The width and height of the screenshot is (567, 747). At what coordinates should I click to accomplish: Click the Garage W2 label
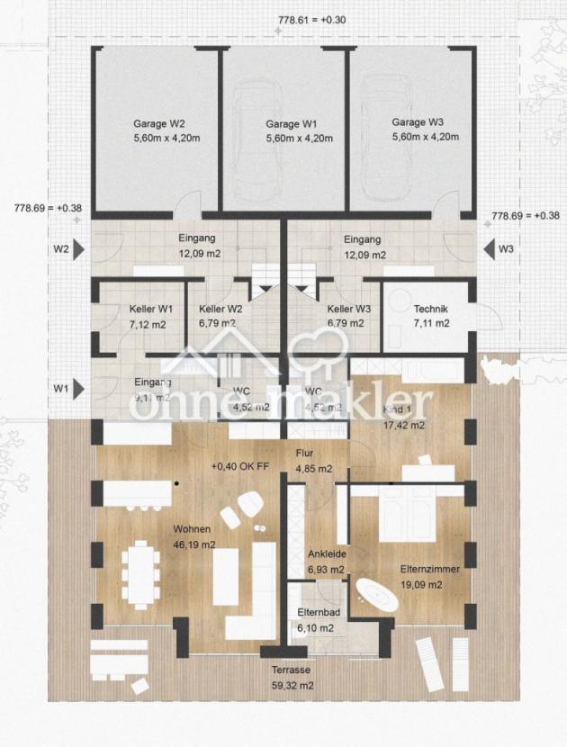tap(160, 122)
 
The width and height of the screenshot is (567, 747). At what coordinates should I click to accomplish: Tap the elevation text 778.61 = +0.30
tap(311, 19)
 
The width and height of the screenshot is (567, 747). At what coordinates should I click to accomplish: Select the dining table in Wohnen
tap(141, 571)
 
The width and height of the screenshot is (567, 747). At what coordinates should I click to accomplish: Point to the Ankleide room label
tap(326, 554)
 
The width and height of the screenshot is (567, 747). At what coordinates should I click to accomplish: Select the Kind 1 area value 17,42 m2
tap(404, 424)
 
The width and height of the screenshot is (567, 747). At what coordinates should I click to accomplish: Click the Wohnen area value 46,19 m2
tap(194, 544)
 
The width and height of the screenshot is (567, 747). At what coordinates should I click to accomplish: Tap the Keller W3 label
tap(345, 308)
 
